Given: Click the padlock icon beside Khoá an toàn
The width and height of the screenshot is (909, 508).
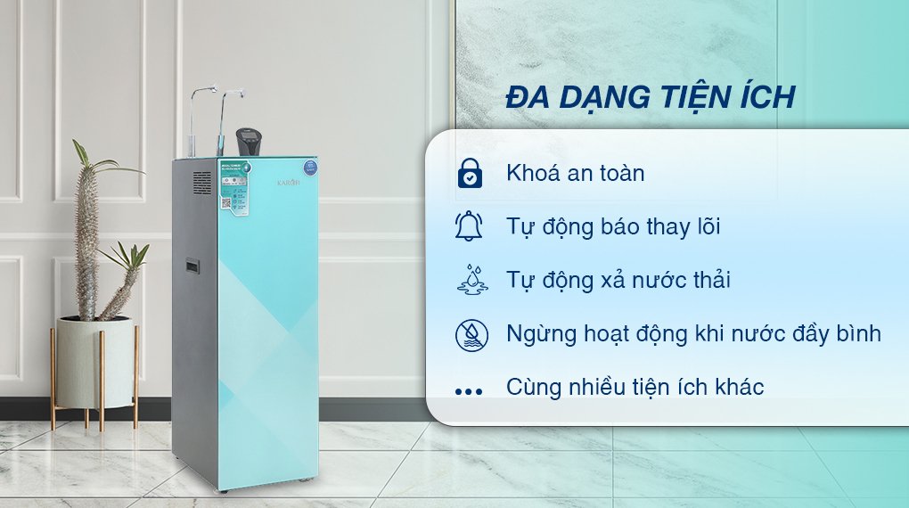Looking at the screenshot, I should click(469, 173).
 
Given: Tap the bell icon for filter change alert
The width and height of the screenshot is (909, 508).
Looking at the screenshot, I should click(469, 226).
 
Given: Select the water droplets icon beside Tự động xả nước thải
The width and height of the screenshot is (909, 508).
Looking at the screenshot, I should click(469, 280).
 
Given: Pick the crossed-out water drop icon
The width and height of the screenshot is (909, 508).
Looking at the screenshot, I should click(469, 334).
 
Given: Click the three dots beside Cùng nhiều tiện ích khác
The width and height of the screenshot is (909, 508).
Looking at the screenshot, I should click(468, 389).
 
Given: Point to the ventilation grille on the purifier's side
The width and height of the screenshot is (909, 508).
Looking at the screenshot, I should click(202, 186).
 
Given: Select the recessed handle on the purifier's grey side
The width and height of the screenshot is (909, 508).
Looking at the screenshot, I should click(192, 266).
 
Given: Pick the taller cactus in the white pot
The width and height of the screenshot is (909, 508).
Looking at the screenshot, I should click(87, 232).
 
